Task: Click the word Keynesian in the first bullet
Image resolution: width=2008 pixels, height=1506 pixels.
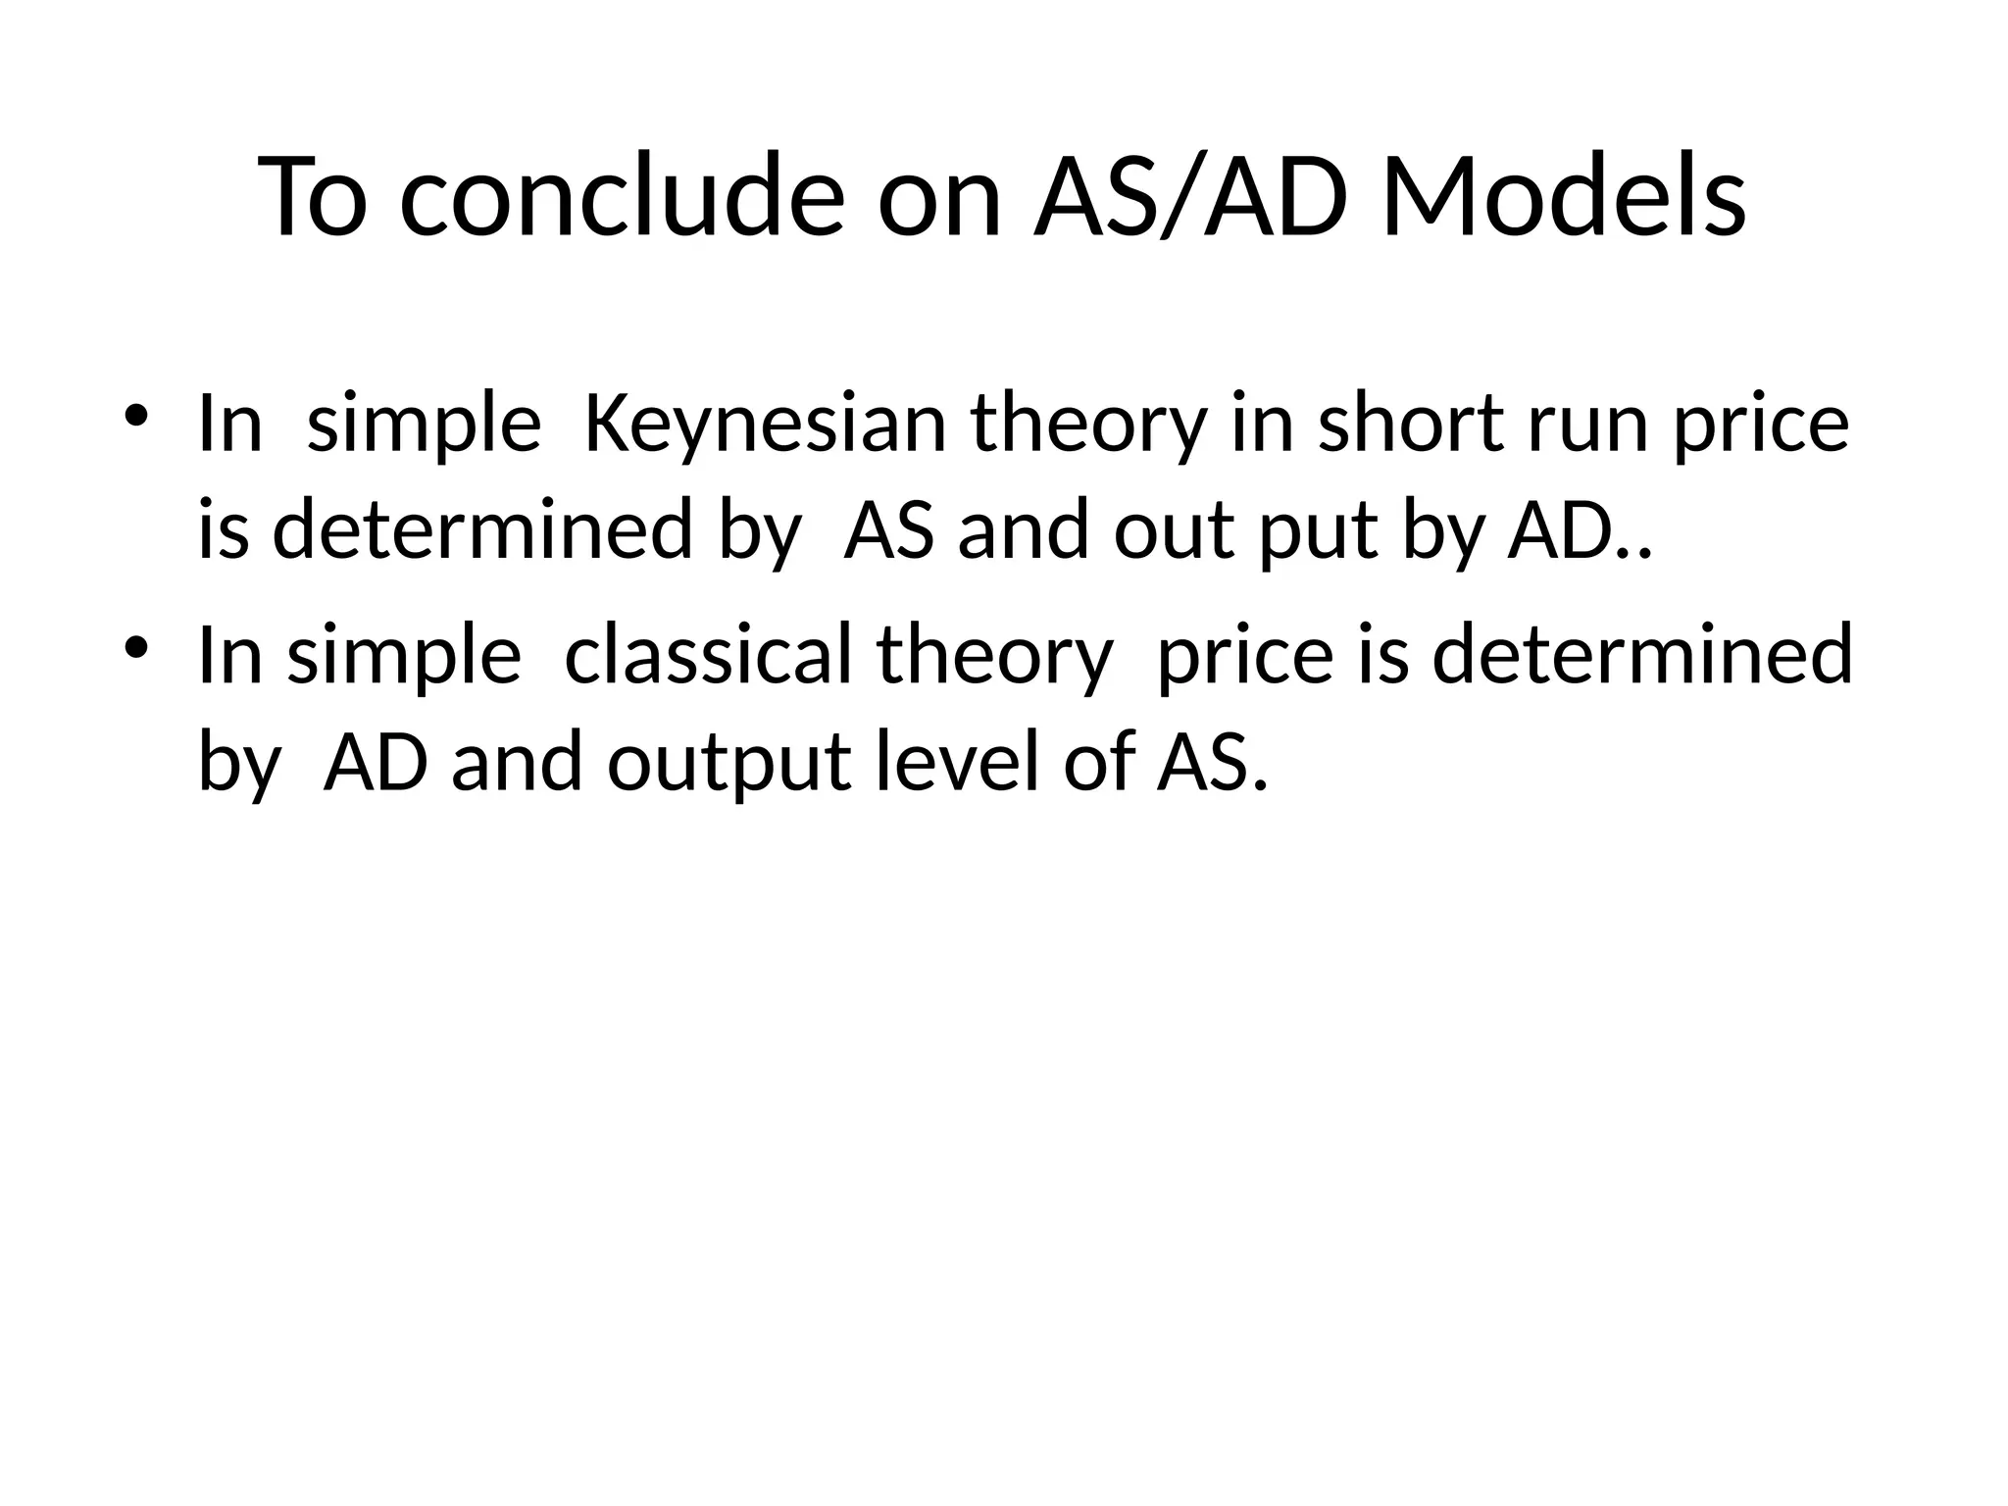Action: point(765,424)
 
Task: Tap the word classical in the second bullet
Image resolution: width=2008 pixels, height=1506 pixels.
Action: point(709,655)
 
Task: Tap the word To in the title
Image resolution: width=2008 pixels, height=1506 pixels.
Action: point(313,196)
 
